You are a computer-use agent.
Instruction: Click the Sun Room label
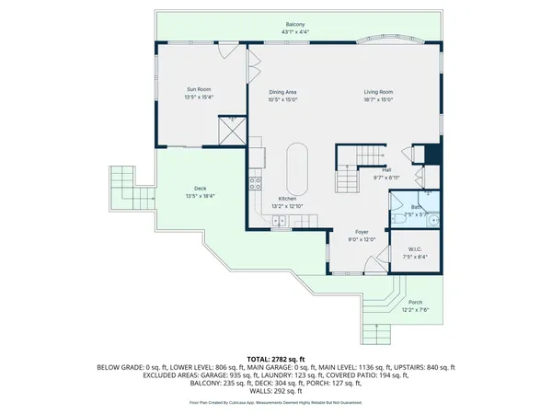click(x=199, y=89)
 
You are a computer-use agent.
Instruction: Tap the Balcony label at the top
click(x=295, y=25)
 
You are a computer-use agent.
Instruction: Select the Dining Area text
click(x=282, y=92)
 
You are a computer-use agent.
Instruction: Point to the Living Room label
click(x=378, y=92)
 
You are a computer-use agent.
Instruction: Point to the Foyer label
click(x=362, y=232)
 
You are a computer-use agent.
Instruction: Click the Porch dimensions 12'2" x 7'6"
click(x=416, y=309)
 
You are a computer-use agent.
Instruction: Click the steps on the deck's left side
click(x=121, y=189)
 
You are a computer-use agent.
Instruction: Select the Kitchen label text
click(x=288, y=199)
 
